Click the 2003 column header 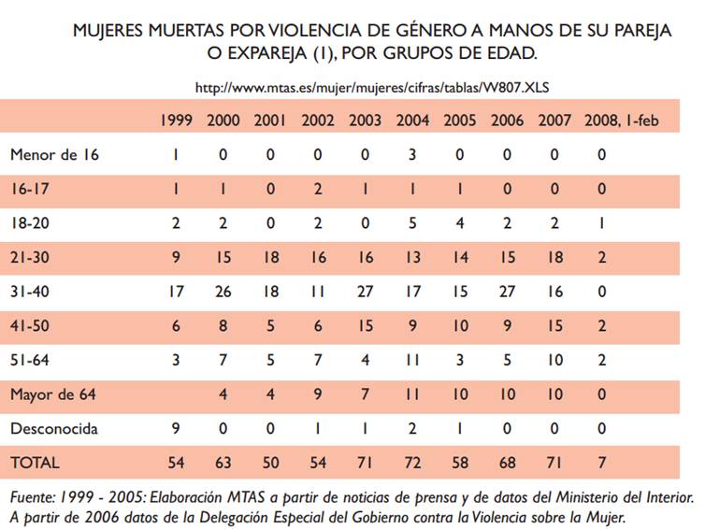click(365, 120)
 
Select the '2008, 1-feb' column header click(622, 120)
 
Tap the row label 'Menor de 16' click(54, 154)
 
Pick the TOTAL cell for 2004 click(412, 462)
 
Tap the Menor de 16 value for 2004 click(412, 154)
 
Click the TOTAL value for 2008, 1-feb click(602, 462)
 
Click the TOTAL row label click(35, 462)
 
